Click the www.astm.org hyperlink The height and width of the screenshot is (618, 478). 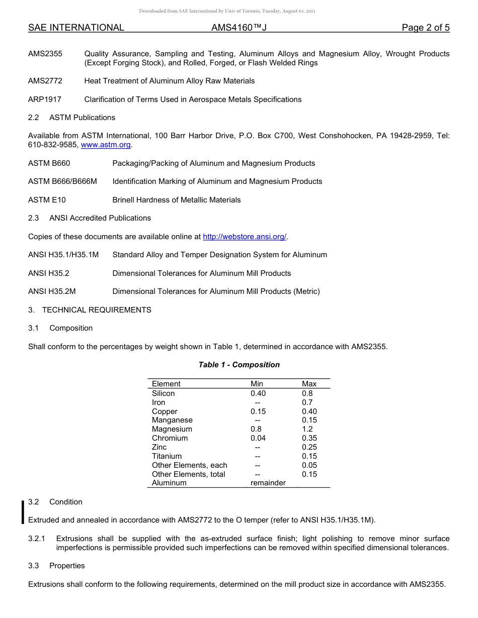click(x=106, y=145)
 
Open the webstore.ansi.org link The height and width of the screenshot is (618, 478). click(x=245, y=237)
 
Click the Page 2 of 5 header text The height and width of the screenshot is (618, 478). click(x=425, y=28)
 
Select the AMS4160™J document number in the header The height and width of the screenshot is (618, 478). click(x=238, y=28)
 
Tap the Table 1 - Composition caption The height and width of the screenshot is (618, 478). click(x=239, y=365)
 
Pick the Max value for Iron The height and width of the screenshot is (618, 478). click(x=307, y=402)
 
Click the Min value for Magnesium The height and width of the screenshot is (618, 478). click(x=256, y=429)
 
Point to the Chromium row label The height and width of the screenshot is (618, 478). click(x=170, y=438)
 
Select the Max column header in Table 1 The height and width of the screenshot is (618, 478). click(x=309, y=384)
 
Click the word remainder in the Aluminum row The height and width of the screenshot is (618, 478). click(x=268, y=483)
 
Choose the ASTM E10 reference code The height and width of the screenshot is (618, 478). click(x=47, y=200)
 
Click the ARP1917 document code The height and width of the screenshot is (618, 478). click(x=45, y=99)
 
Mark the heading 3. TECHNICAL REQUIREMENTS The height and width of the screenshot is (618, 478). click(x=90, y=310)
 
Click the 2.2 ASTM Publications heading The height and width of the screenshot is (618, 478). click(x=71, y=118)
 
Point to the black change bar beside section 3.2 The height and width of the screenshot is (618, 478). click(x=23, y=511)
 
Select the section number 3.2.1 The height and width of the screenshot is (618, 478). click(x=37, y=539)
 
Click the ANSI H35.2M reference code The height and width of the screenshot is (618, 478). click(x=52, y=291)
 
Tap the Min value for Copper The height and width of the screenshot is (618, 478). click(x=258, y=411)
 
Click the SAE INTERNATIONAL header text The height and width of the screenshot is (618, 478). click(x=76, y=28)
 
